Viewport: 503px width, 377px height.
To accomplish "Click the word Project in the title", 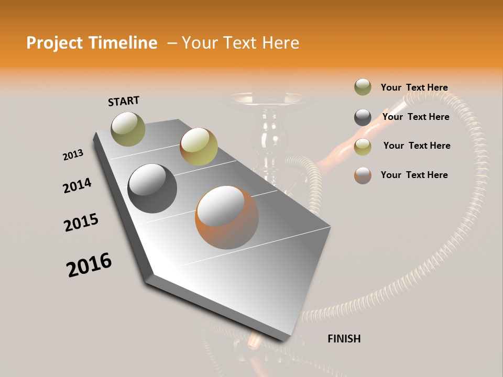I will click(52, 43).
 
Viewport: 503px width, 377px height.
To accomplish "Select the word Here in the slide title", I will click(280, 43).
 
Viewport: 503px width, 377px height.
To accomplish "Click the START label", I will click(124, 101).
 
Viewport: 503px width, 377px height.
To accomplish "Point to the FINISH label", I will click(344, 339).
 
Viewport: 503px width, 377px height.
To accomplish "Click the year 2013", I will click(73, 155).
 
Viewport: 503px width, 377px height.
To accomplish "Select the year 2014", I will click(77, 185).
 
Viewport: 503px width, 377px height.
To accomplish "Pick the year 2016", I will click(89, 265).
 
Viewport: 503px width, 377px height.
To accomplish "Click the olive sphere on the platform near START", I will click(128, 129).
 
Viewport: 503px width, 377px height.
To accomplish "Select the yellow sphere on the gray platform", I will click(199, 147).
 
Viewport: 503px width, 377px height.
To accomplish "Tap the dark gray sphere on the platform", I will click(152, 188).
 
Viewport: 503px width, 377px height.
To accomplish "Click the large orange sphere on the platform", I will click(227, 217).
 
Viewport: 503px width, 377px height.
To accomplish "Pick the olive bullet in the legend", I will click(363, 87).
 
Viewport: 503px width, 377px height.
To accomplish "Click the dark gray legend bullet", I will click(363, 117).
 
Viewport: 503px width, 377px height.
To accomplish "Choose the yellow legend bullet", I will click(363, 147).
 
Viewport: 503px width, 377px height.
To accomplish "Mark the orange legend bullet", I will click(363, 175).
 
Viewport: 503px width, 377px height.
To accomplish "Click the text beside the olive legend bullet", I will click(414, 87).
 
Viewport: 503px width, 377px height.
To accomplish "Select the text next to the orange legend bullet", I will click(414, 175).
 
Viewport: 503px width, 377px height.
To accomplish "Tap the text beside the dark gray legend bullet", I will click(415, 117).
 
